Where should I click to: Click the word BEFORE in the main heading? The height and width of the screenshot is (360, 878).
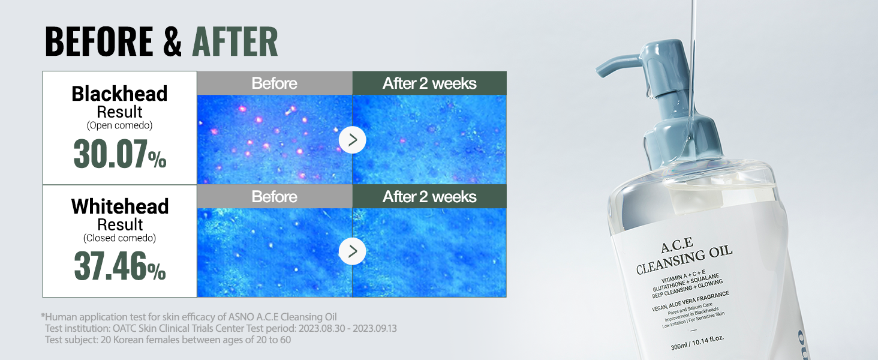pyautogui.click(x=99, y=41)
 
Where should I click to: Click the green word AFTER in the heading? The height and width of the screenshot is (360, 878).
pyautogui.click(x=235, y=41)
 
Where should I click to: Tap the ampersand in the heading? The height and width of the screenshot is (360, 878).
pyautogui.click(x=173, y=41)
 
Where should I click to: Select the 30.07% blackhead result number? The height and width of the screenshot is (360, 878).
pyautogui.click(x=120, y=154)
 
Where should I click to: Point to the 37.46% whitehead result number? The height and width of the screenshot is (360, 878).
pyautogui.click(x=120, y=266)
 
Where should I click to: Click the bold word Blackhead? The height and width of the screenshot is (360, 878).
pyautogui.click(x=119, y=94)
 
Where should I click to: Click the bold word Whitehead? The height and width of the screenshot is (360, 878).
pyautogui.click(x=120, y=206)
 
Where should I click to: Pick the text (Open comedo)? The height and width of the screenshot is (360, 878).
pyautogui.click(x=119, y=125)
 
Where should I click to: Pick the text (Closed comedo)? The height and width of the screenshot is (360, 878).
pyautogui.click(x=119, y=238)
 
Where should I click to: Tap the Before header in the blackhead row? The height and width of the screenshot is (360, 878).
pyautogui.click(x=275, y=83)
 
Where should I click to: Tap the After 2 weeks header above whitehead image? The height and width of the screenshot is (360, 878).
pyautogui.click(x=429, y=196)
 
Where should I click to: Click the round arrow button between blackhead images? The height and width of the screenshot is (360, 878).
pyautogui.click(x=353, y=140)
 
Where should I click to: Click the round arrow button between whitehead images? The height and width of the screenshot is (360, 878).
pyautogui.click(x=353, y=251)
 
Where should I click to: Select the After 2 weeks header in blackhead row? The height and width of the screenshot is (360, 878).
pyautogui.click(x=429, y=83)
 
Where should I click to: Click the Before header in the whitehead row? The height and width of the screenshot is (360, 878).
pyautogui.click(x=275, y=196)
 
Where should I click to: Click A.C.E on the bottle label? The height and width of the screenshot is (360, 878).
pyautogui.click(x=677, y=245)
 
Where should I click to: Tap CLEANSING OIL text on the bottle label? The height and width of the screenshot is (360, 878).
pyautogui.click(x=684, y=259)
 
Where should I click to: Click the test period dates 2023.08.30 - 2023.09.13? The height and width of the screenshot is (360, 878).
pyautogui.click(x=348, y=328)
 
